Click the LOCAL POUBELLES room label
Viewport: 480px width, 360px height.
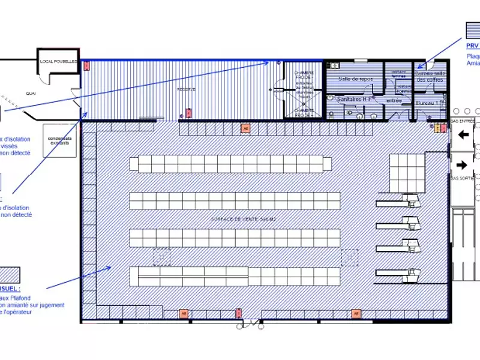[59, 61]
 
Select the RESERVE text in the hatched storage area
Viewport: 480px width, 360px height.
[183, 89]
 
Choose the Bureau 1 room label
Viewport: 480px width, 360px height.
[427, 103]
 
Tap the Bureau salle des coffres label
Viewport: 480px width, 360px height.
[430, 76]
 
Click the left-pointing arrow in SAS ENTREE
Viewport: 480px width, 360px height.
[463, 136]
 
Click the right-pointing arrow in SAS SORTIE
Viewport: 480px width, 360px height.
[463, 164]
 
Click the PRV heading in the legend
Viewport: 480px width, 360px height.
[472, 46]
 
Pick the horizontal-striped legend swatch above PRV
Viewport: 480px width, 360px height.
[473, 29]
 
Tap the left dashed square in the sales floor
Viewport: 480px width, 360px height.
[161, 257]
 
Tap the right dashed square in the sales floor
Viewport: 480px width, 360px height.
[350, 257]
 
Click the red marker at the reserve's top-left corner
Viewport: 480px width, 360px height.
[85, 62]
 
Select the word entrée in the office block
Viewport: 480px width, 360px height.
[394, 100]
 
